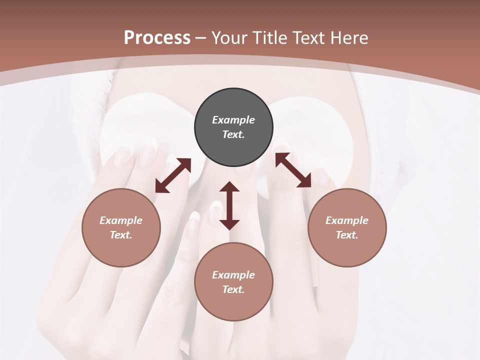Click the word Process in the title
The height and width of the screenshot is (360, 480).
(x=157, y=38)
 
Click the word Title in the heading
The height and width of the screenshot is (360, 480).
(x=270, y=38)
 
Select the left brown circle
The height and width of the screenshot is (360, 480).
(x=121, y=227)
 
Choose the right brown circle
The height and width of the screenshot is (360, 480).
(x=347, y=227)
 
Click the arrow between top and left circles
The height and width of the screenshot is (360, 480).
(x=173, y=175)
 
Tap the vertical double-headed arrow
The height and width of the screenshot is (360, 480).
(x=229, y=206)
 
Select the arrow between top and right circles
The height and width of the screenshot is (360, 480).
(x=293, y=170)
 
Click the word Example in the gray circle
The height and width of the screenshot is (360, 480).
(x=233, y=120)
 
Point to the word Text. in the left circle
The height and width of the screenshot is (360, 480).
(x=121, y=235)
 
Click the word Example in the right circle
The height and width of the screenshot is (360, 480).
(x=347, y=220)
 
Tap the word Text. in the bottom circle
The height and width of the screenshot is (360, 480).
(x=233, y=289)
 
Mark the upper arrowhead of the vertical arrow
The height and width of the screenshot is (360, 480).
(x=229, y=188)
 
